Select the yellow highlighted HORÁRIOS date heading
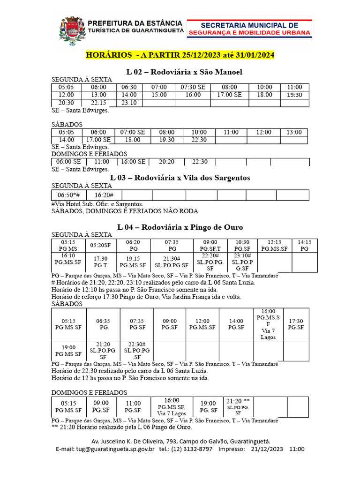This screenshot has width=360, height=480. tap(180, 55)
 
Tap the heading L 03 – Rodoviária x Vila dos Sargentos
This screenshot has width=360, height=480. tap(180, 178)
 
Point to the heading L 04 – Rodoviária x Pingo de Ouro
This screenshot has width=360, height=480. tap(180, 227)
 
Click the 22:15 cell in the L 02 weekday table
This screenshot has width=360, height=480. tap(98, 103)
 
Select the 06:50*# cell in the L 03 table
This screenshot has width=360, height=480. tap(68, 195)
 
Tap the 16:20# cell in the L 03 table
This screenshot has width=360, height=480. tap(101, 195)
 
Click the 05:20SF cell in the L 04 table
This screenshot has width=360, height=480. tap(101, 245)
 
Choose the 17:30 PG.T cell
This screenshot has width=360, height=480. tap(101, 262)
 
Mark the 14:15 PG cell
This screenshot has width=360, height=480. tap(304, 245)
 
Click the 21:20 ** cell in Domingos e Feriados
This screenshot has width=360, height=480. tap(238, 407)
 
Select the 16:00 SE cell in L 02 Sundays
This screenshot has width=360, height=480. tap(133, 161)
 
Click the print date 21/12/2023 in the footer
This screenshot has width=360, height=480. tap(267, 449)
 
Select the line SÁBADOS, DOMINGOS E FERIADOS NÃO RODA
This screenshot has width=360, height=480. tap(125, 211)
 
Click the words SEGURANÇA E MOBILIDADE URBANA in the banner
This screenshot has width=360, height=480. tap(249, 33)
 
